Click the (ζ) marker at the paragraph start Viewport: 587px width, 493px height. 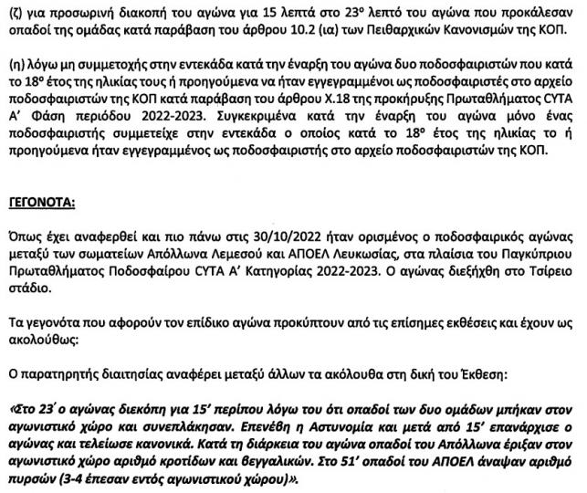[x=12, y=11]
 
